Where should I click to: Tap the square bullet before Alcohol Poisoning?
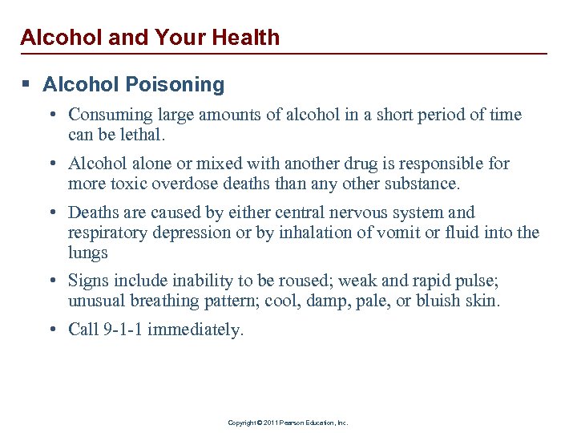click(x=26, y=84)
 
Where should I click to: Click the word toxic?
click(x=132, y=183)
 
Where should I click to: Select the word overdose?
click(x=188, y=183)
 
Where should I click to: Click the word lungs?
click(x=88, y=253)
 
